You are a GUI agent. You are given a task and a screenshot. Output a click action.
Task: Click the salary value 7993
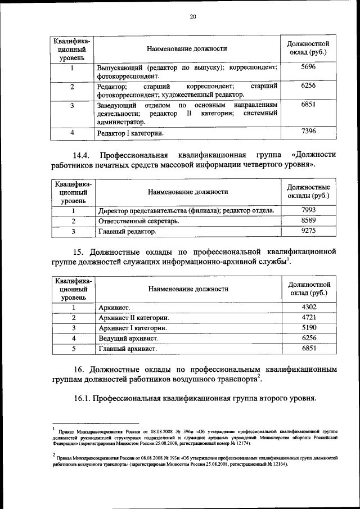coord(308,210)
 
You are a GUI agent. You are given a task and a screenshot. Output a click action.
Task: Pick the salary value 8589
coord(308,220)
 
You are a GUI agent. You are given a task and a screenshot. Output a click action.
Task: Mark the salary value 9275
coord(308,231)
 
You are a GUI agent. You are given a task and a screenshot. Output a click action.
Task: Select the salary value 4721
coord(308,317)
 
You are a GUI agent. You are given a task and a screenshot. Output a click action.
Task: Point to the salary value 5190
coord(308,327)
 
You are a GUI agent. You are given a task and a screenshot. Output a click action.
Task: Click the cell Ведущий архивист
coord(128,339)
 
